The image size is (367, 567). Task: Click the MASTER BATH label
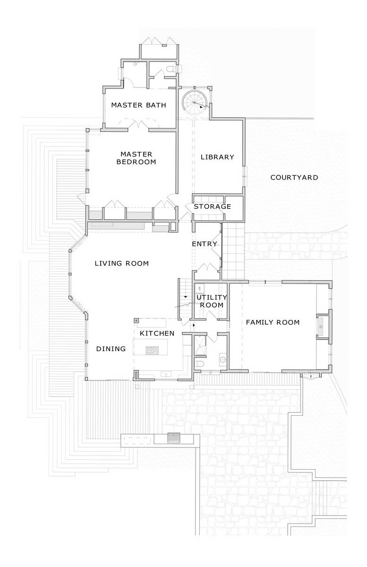click(139, 105)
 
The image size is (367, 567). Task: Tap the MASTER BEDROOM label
click(136, 158)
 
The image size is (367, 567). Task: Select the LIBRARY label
click(217, 157)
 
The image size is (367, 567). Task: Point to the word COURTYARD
click(294, 178)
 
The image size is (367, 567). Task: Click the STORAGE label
click(213, 206)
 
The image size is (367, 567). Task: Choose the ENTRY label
click(205, 244)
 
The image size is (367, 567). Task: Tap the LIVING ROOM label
click(122, 264)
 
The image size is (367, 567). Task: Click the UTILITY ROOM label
click(212, 301)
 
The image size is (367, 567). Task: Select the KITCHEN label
click(157, 334)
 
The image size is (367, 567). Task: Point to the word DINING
click(111, 349)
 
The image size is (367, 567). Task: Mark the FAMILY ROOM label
click(273, 322)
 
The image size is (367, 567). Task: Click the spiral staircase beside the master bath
click(195, 103)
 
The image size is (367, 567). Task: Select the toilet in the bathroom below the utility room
click(200, 364)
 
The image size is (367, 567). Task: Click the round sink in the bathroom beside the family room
click(223, 359)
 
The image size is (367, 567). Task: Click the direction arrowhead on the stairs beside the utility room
click(186, 296)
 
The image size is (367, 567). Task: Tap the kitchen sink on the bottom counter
click(166, 374)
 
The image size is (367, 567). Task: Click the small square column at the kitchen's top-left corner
click(137, 320)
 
